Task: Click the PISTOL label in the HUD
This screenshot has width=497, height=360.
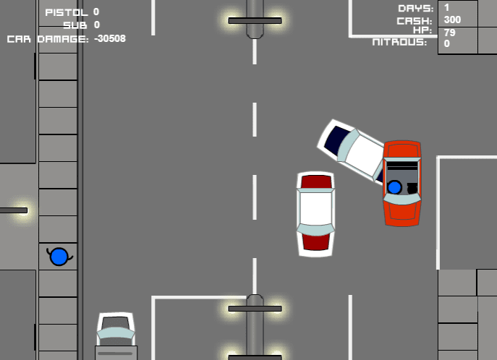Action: pyautogui.click(x=67, y=12)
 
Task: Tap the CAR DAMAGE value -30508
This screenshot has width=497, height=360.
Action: pyautogui.click(x=110, y=38)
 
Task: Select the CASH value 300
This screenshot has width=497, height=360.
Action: pyautogui.click(x=452, y=20)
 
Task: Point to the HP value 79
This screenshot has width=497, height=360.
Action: pyautogui.click(x=450, y=33)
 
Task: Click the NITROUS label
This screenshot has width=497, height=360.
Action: pyautogui.click(x=399, y=42)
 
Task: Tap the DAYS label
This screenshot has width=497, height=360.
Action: pyautogui.click(x=415, y=9)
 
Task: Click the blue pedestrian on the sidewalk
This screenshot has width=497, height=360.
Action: pyautogui.click(x=59, y=257)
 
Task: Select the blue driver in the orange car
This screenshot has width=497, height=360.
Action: pyautogui.click(x=394, y=187)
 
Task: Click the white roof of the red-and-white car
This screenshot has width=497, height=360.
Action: pyautogui.click(x=315, y=208)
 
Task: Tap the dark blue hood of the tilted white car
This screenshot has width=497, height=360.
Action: pyautogui.click(x=336, y=138)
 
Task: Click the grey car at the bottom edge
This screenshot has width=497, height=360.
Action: pyautogui.click(x=116, y=336)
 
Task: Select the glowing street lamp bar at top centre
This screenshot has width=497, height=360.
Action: pyautogui.click(x=255, y=20)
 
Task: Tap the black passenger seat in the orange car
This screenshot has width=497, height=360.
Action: pyautogui.click(x=412, y=188)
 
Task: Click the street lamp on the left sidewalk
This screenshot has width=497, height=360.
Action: pyautogui.click(x=14, y=210)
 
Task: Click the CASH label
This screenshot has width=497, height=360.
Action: pyautogui.click(x=415, y=21)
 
